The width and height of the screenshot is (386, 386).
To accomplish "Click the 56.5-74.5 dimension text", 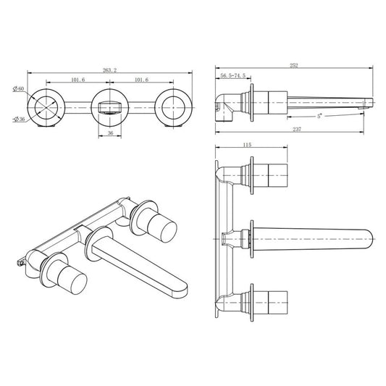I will click(x=232, y=76).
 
